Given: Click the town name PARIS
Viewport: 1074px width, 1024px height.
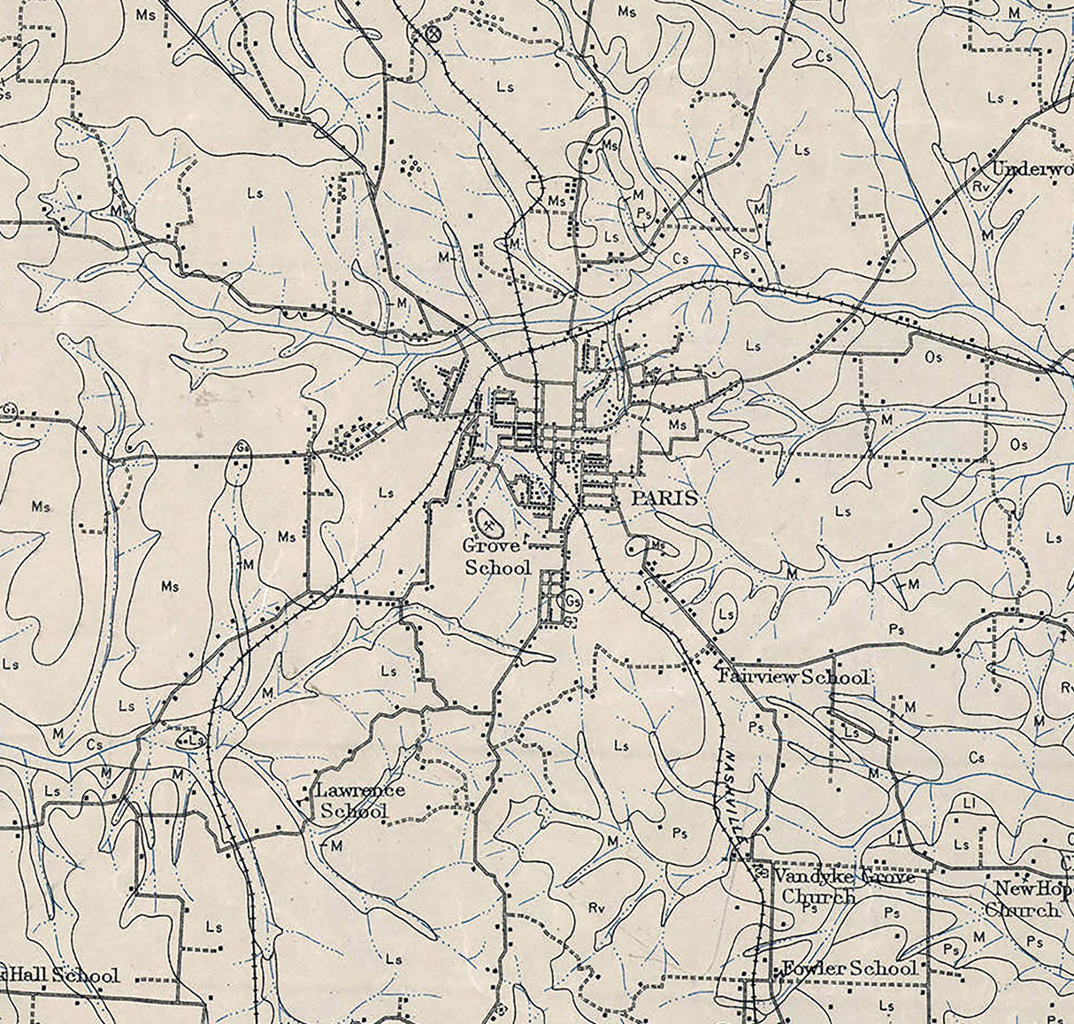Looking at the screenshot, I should pos(664,498).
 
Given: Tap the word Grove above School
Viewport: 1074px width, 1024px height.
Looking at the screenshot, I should pos(491,546).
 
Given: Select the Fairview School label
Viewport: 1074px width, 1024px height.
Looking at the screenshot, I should pos(793,677).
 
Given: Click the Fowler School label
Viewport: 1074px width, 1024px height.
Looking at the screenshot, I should pos(847,968).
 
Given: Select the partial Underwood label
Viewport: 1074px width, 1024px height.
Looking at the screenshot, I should pos(1032,169).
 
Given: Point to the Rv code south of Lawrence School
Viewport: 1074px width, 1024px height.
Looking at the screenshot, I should pos(595,908).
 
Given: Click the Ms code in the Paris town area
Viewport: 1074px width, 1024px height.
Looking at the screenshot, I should pos(678,425).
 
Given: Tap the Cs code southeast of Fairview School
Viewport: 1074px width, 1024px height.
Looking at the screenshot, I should pos(976,758).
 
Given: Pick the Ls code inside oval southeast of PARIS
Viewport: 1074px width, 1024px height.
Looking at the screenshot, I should pos(726,613).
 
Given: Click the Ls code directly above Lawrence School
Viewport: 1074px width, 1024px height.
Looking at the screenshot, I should pos(388,672).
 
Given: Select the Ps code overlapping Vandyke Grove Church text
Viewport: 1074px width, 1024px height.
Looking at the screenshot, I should pos(808,907).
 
